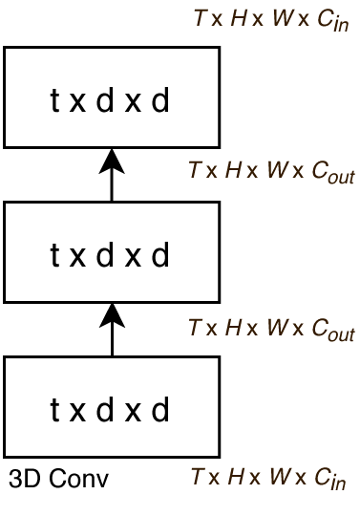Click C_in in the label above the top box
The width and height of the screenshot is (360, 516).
click(328, 22)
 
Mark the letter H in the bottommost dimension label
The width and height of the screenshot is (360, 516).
click(235, 476)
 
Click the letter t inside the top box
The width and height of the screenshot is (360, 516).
click(55, 99)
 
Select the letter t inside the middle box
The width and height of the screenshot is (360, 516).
click(55, 254)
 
